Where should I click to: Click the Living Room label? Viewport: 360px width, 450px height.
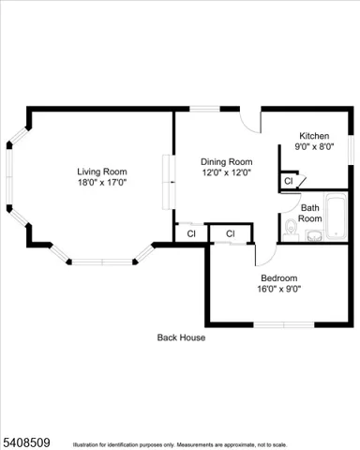(101, 171)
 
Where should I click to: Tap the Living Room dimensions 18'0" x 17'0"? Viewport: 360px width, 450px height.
(101, 183)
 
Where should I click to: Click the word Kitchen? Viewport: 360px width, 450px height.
(314, 135)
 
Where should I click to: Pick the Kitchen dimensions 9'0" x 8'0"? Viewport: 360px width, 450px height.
(314, 146)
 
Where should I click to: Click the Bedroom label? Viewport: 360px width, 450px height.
(278, 277)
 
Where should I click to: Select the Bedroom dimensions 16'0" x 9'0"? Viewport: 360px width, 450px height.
(278, 289)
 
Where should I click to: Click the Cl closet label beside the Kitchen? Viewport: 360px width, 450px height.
(289, 180)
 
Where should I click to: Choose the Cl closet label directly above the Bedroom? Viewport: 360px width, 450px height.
(229, 233)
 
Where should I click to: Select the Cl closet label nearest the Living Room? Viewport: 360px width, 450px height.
(190, 233)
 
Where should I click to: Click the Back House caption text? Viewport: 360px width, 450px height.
(181, 337)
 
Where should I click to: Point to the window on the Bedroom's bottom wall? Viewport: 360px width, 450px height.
(282, 325)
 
